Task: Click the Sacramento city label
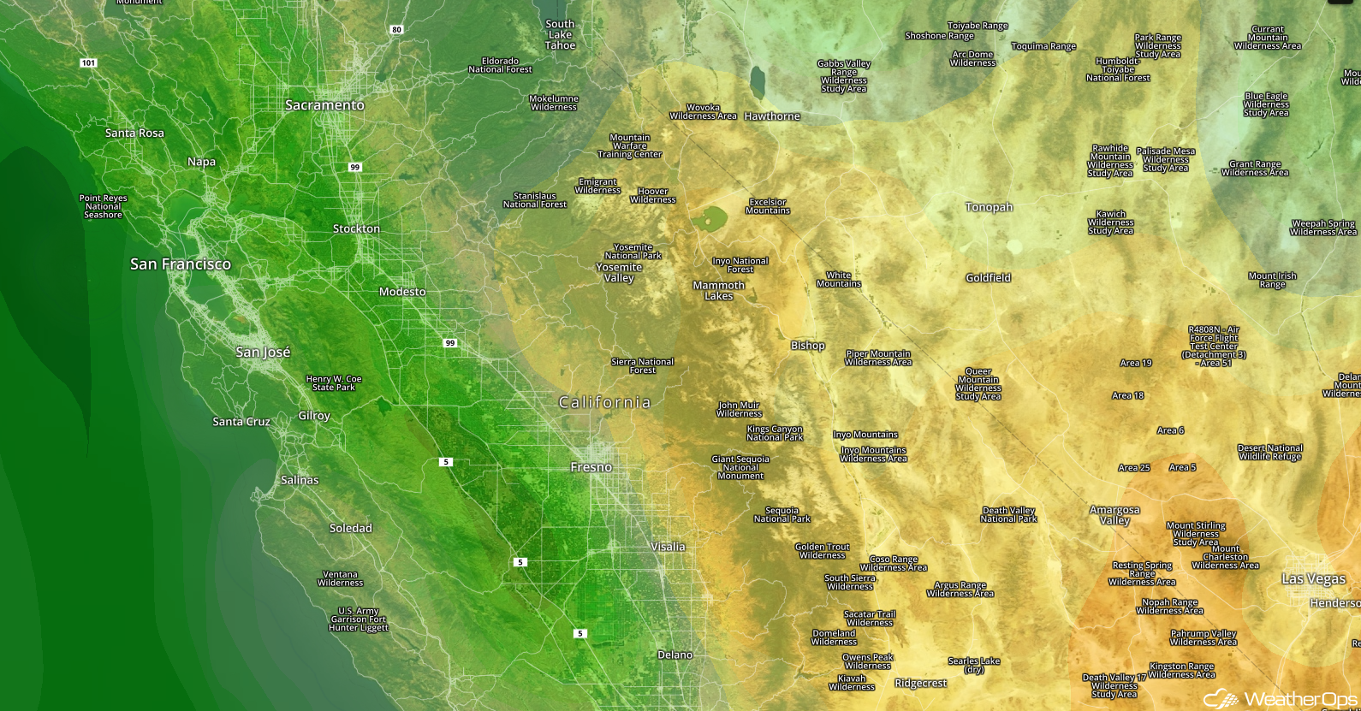tap(324, 105)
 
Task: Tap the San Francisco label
tap(180, 264)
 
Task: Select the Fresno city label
tap(591, 467)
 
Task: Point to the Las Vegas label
tap(1313, 579)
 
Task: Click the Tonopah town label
tap(989, 207)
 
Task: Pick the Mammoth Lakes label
tap(718, 291)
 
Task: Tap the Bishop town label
tap(807, 346)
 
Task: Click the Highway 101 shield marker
tap(88, 63)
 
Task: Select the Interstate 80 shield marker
tap(396, 30)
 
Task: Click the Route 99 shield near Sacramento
tap(354, 167)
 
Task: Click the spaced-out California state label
tap(604, 402)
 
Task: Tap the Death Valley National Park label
tap(1008, 514)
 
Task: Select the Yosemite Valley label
tap(619, 272)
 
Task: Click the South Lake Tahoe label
tap(560, 35)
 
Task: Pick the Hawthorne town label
tap(772, 116)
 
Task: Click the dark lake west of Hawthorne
tap(757, 83)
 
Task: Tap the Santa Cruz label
tap(241, 422)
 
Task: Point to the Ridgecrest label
tap(920, 683)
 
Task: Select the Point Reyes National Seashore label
tap(103, 206)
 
